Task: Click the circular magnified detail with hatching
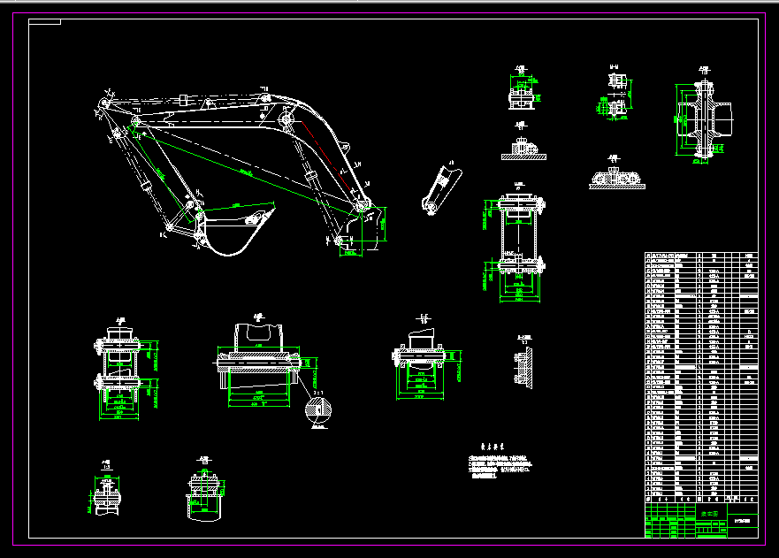tap(318, 412)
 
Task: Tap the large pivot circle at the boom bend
tap(286, 120)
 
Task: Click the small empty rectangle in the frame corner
tap(44, 22)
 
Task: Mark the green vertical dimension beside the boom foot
tap(382, 228)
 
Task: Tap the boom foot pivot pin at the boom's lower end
tap(361, 206)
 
